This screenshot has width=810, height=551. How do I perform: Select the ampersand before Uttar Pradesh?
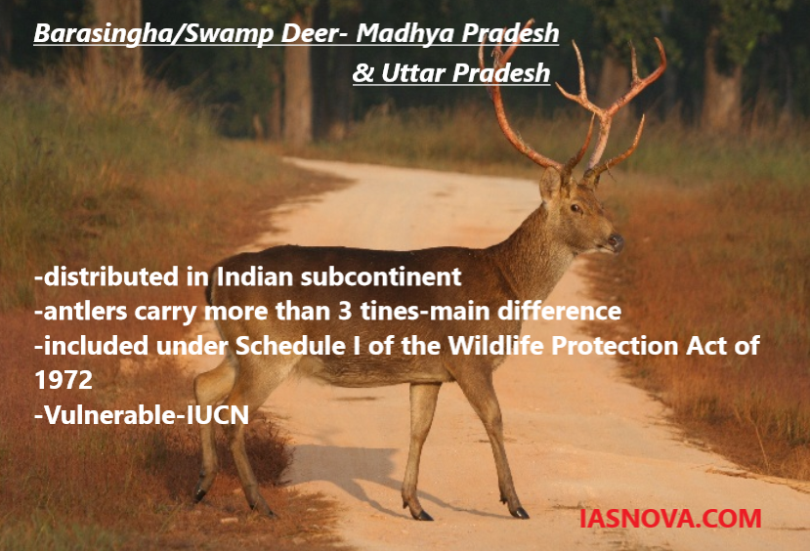(363, 73)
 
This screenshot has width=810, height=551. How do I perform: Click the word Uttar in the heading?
(413, 73)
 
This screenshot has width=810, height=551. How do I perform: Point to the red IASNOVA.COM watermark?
(670, 519)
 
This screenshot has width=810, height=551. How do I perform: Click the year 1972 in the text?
(64, 380)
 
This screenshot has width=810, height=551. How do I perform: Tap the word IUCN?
(218, 414)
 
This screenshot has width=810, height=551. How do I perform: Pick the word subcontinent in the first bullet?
(381, 276)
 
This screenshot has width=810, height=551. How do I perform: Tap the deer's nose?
(616, 241)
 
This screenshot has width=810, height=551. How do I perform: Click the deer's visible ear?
(551, 184)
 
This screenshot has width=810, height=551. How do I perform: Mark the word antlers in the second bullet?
(85, 312)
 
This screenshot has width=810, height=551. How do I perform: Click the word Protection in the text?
(615, 346)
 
